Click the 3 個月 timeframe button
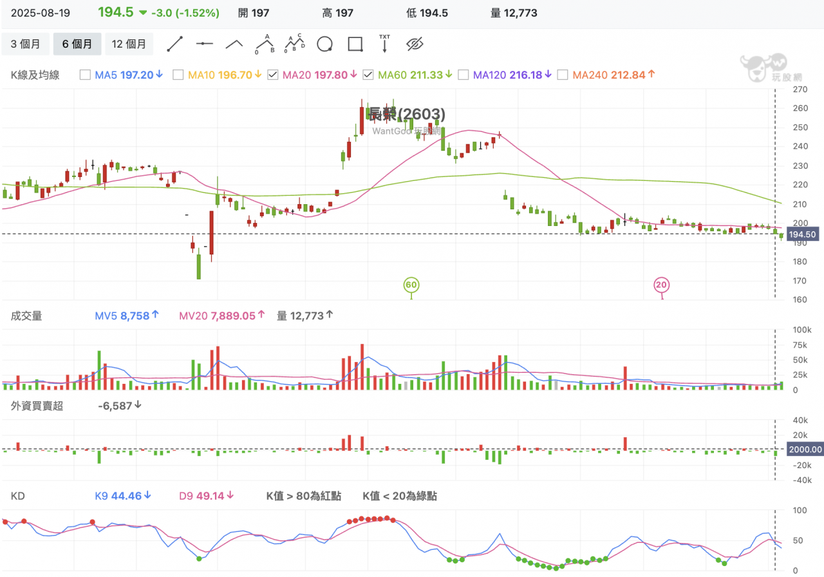tap(26, 44)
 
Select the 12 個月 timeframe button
tap(129, 44)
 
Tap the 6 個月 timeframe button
tap(77, 44)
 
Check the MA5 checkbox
tap(85, 75)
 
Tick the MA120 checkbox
tap(463, 75)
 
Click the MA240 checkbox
tap(563, 75)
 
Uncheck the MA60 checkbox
tap(368, 75)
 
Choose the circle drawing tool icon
tap(325, 44)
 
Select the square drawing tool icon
tap(355, 44)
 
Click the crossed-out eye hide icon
tap(415, 44)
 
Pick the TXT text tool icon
tap(384, 43)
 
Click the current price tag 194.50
tap(802, 235)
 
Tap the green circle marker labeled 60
tap(411, 285)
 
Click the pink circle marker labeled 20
tap(661, 285)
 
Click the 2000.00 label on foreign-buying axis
tap(805, 449)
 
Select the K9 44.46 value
tap(122, 496)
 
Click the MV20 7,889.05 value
tap(221, 316)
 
